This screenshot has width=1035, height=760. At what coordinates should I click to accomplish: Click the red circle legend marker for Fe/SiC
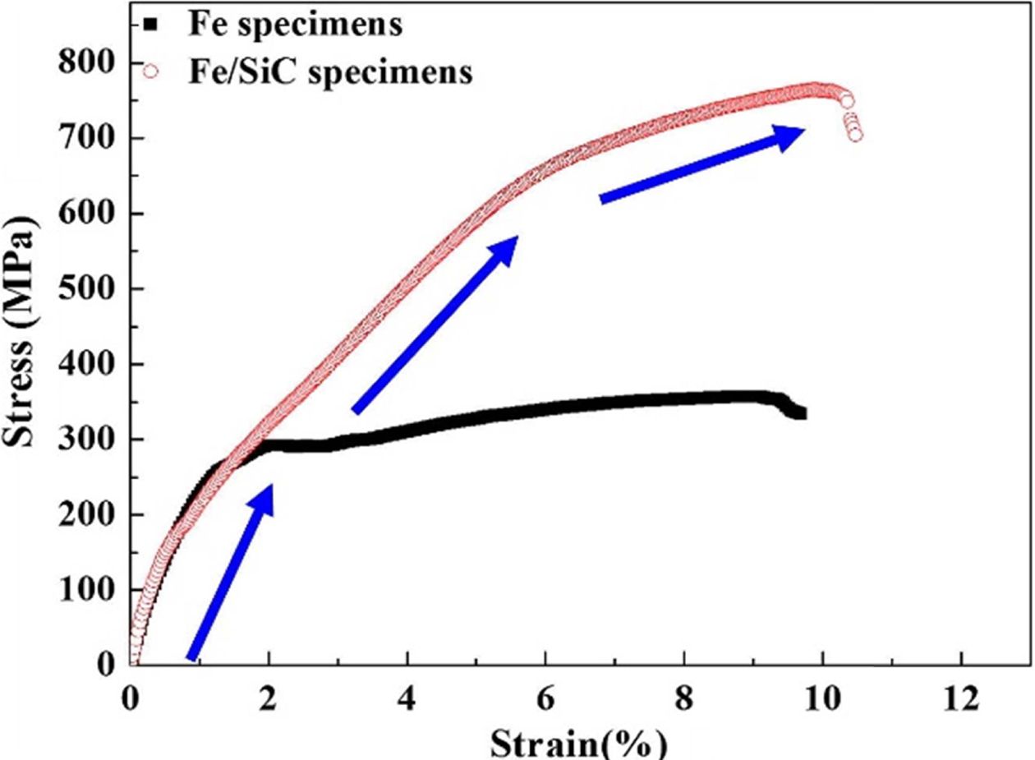pyautogui.click(x=150, y=71)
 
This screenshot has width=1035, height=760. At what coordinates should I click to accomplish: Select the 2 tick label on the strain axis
pyautogui.click(x=269, y=699)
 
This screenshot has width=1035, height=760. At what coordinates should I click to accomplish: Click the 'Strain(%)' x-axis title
pyautogui.click(x=578, y=743)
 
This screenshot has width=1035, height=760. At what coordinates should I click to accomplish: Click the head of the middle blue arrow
pyautogui.click(x=517, y=237)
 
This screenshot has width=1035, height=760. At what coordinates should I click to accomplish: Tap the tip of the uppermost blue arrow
pyautogui.click(x=804, y=129)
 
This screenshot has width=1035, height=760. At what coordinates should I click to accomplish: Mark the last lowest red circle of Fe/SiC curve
pyautogui.click(x=855, y=135)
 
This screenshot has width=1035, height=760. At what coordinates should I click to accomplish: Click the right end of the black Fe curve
pyautogui.click(x=801, y=413)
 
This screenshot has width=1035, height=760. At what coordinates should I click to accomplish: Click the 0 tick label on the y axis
pyautogui.click(x=107, y=665)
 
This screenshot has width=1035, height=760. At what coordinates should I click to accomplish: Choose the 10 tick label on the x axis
pyautogui.click(x=822, y=699)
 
